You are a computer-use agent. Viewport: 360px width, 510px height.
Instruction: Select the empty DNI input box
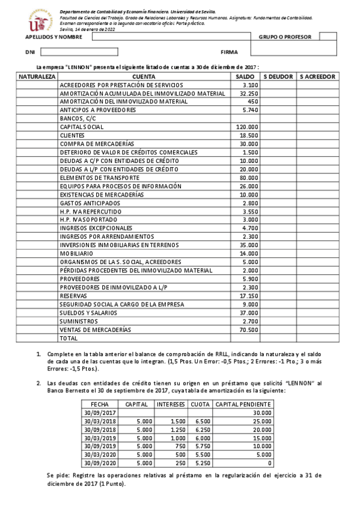click(x=88, y=52)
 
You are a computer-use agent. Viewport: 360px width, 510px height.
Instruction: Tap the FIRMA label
click(x=229, y=52)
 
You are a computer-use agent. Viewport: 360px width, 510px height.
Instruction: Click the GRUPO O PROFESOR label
click(x=285, y=37)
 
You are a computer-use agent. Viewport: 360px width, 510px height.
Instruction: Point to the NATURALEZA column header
click(x=37, y=77)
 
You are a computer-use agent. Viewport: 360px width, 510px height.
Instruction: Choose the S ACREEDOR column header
click(x=317, y=77)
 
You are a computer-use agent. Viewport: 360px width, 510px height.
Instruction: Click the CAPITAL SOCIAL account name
click(x=82, y=127)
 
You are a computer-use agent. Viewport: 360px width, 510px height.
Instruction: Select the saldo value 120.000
click(x=247, y=127)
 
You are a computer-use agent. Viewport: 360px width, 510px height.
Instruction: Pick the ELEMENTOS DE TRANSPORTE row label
click(x=100, y=178)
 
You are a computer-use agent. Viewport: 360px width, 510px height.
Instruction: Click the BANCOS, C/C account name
click(x=73, y=119)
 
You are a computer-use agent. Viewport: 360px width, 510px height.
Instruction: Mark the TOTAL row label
click(x=69, y=339)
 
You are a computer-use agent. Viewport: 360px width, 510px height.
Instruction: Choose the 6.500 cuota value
click(x=202, y=422)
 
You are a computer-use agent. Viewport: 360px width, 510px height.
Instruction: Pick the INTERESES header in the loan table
click(x=171, y=404)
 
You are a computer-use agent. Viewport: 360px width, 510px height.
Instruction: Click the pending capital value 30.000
click(x=261, y=413)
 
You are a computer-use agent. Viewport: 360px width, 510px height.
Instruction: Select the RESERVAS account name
click(x=74, y=296)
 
